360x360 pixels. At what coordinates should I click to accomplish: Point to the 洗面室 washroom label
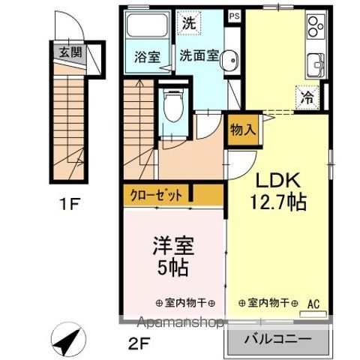tap(198, 57)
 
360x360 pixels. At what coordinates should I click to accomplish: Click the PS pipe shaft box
tap(235, 14)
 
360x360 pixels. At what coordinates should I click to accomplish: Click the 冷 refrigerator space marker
tap(307, 96)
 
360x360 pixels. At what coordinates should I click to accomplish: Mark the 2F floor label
tap(133, 348)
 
